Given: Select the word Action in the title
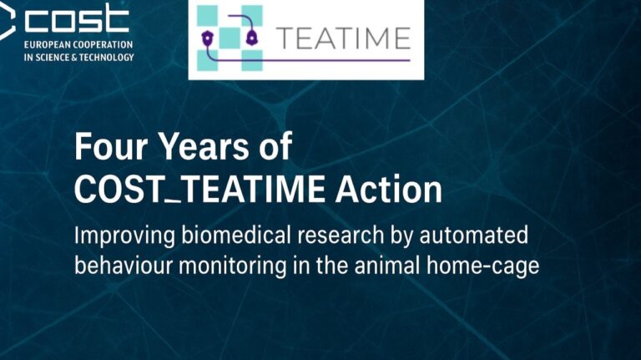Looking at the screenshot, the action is click(x=389, y=190).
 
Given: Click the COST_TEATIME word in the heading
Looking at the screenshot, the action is click(x=200, y=190).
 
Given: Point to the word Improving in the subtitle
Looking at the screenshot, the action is click(x=124, y=237).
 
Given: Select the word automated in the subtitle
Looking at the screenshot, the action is click(x=473, y=236).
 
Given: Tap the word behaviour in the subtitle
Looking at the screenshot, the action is click(x=124, y=266).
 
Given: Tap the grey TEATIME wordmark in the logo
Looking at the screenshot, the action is click(x=343, y=38).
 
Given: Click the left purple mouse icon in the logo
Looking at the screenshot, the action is click(x=208, y=38).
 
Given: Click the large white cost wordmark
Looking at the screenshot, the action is click(x=77, y=18).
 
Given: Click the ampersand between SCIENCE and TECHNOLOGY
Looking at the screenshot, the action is click(x=74, y=58).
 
